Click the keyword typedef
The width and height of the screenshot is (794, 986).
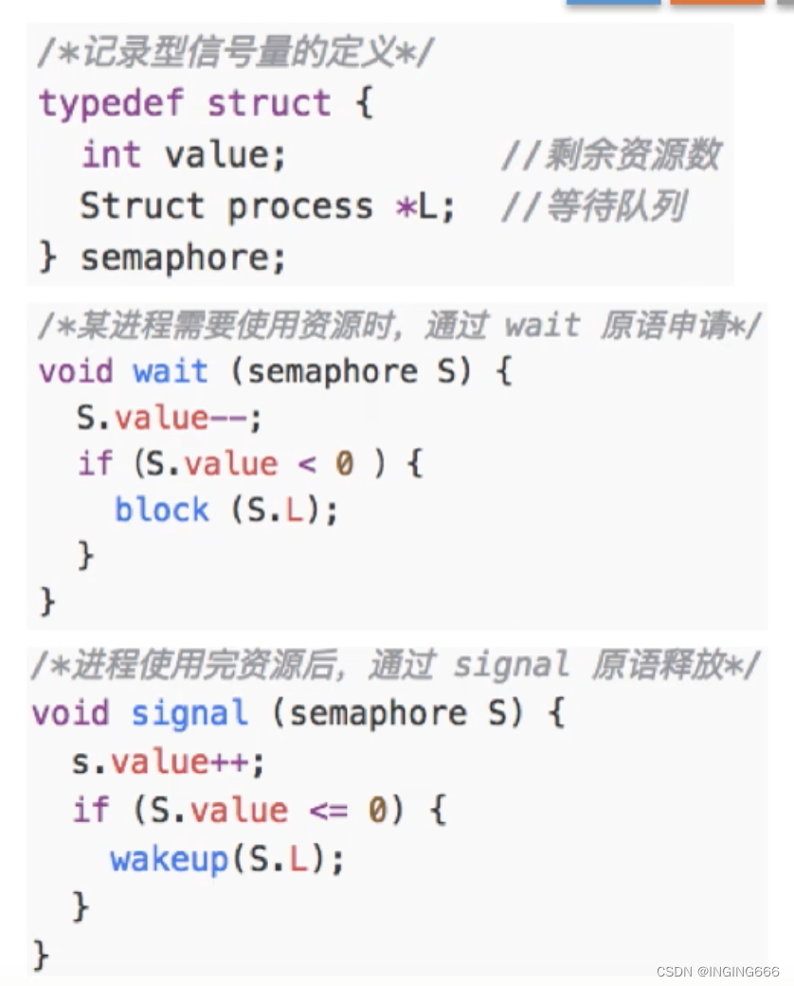tap(112, 103)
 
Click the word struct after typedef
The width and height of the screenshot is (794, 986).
tap(269, 103)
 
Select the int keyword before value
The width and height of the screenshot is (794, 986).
tap(110, 154)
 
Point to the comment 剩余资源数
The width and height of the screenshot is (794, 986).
tap(611, 154)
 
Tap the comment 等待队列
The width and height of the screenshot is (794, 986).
tap(593, 206)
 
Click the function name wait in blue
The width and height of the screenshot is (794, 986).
tap(171, 370)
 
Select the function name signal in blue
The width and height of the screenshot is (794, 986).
tap(189, 712)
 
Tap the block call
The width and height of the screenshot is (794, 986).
tap(161, 510)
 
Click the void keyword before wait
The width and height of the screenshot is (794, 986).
tap(75, 370)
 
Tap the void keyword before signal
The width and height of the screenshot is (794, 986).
tap(70, 712)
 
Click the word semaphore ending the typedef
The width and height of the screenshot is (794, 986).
tap(182, 258)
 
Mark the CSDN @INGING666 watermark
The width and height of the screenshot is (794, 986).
tap(716, 972)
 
